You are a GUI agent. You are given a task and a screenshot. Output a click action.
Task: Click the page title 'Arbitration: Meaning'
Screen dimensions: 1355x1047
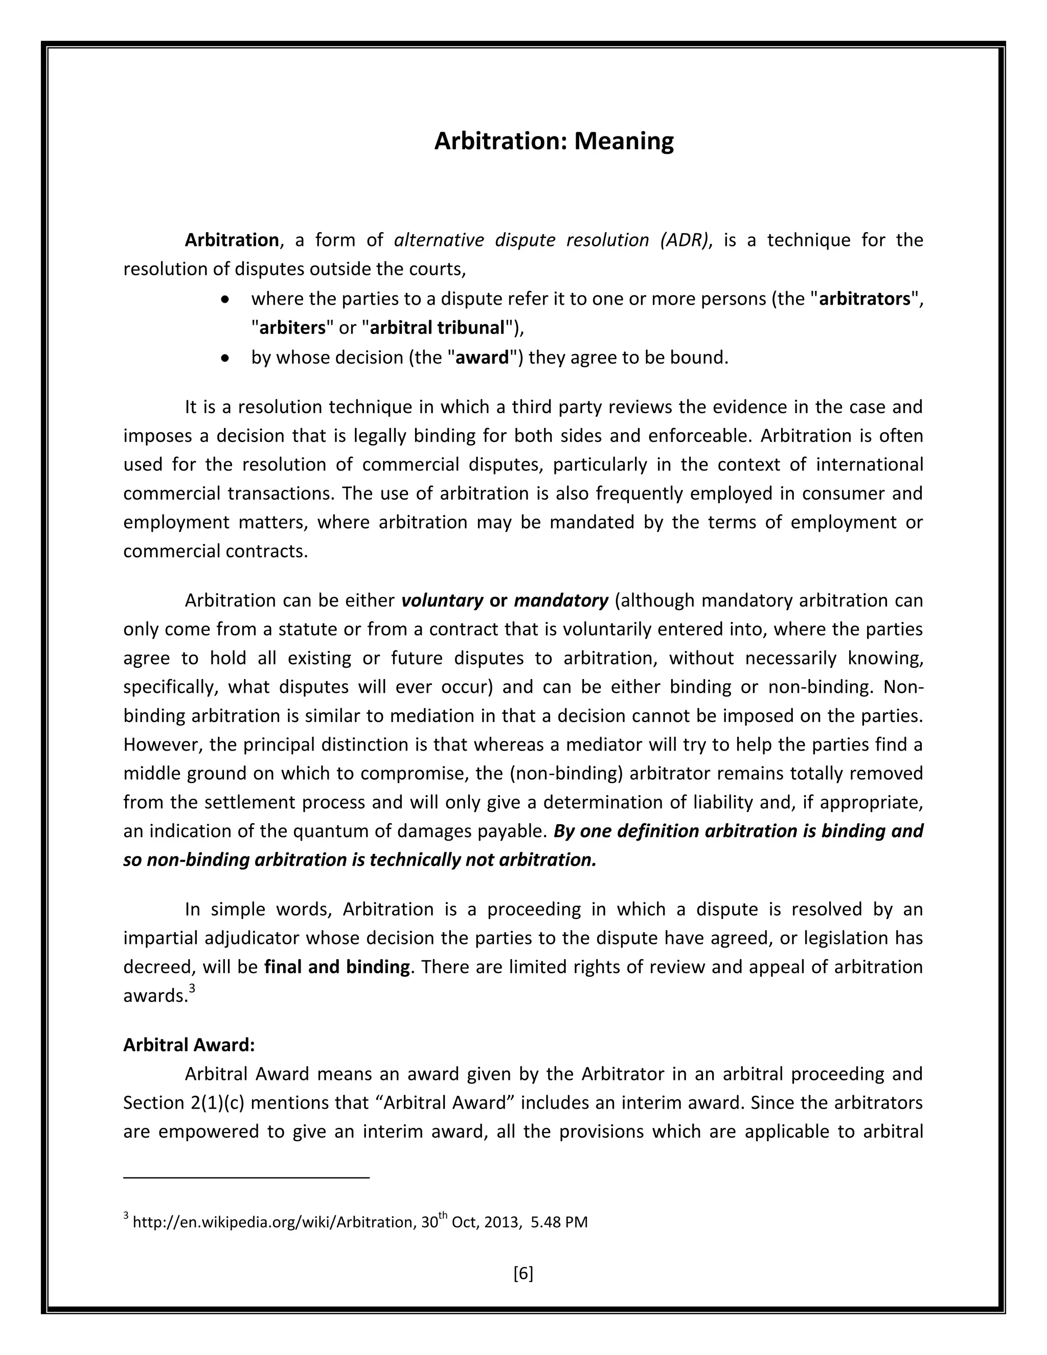coord(553,142)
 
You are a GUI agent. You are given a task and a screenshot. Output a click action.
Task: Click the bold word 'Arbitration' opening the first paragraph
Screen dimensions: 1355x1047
coord(232,240)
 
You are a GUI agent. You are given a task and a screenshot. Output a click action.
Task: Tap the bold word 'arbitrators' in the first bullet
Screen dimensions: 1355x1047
coord(864,299)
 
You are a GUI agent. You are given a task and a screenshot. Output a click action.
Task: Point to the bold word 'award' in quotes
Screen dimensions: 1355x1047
coord(482,358)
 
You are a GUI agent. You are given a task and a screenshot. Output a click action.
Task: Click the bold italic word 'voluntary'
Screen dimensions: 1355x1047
coord(442,601)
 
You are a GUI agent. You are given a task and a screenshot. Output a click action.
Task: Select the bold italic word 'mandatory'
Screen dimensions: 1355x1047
coord(561,601)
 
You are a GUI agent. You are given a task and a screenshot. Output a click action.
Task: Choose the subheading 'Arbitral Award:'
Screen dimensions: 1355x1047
coord(189,1046)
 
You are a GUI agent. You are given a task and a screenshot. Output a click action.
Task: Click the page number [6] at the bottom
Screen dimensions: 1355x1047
coord(523,1274)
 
